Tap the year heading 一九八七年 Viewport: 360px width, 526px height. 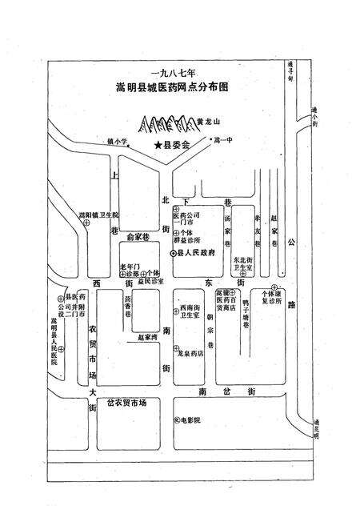pyautogui.click(x=166, y=70)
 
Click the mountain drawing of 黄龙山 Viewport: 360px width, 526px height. pyautogui.click(x=167, y=124)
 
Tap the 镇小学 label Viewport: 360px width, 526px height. pyautogui.click(x=118, y=141)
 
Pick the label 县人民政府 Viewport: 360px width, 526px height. pyautogui.click(x=194, y=252)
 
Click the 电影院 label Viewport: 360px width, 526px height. pyautogui.click(x=190, y=420)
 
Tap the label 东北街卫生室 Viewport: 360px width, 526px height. pyautogui.click(x=242, y=265)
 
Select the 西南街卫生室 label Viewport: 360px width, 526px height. pyautogui.click(x=190, y=312)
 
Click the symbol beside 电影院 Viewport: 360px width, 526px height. pyautogui.click(x=175, y=420)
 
